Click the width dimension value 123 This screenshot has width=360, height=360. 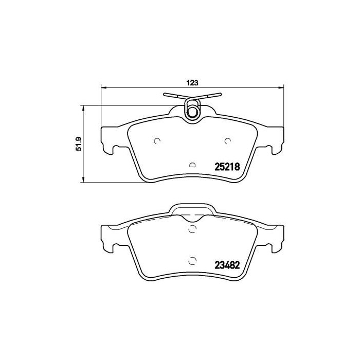click(x=192, y=82)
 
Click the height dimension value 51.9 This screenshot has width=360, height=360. click(x=79, y=143)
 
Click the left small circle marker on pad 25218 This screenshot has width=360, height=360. click(x=157, y=141)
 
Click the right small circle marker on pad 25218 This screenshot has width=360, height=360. click(x=228, y=141)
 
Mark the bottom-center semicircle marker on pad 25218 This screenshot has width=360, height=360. click(x=193, y=165)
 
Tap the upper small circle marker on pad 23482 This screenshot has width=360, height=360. click(x=193, y=229)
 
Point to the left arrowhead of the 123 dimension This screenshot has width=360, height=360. click(x=103, y=87)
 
